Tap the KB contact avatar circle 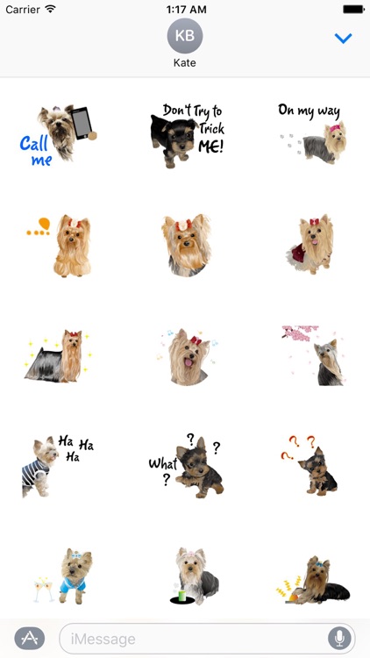(185, 36)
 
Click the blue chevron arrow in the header (343, 39)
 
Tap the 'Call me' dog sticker (57, 134)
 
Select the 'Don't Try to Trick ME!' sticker (186, 134)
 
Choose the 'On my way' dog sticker (313, 133)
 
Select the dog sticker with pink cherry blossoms (313, 355)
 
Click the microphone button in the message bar (338, 638)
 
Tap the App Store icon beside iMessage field (30, 638)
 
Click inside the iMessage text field (193, 638)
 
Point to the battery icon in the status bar (352, 9)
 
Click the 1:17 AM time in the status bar (185, 9)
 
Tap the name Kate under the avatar (185, 64)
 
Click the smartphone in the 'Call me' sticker (81, 123)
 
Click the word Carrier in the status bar (23, 9)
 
